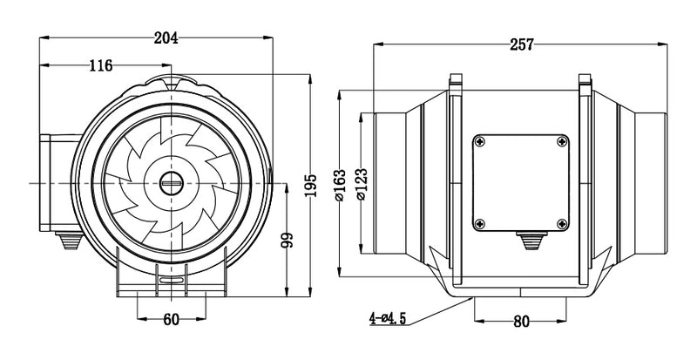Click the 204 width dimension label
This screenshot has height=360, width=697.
(166, 38)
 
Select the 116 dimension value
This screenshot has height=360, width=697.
(102, 66)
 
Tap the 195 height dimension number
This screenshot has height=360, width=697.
(311, 184)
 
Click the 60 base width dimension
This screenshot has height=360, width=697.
(171, 319)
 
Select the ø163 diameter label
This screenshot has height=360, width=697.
(339, 185)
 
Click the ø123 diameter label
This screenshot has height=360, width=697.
(360, 185)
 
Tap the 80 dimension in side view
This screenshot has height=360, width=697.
(521, 321)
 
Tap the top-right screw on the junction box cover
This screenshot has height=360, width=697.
(563, 141)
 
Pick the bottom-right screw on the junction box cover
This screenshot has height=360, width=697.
(563, 224)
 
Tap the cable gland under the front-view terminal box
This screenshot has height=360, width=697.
(65, 240)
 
